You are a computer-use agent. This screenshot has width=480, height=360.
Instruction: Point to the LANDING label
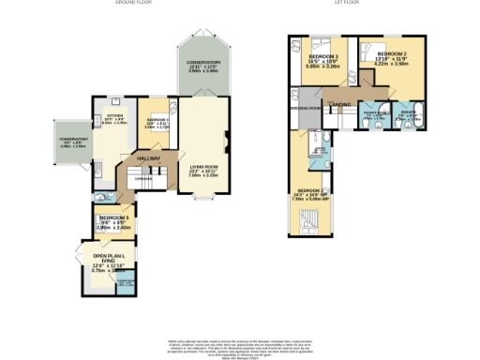(338, 104)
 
